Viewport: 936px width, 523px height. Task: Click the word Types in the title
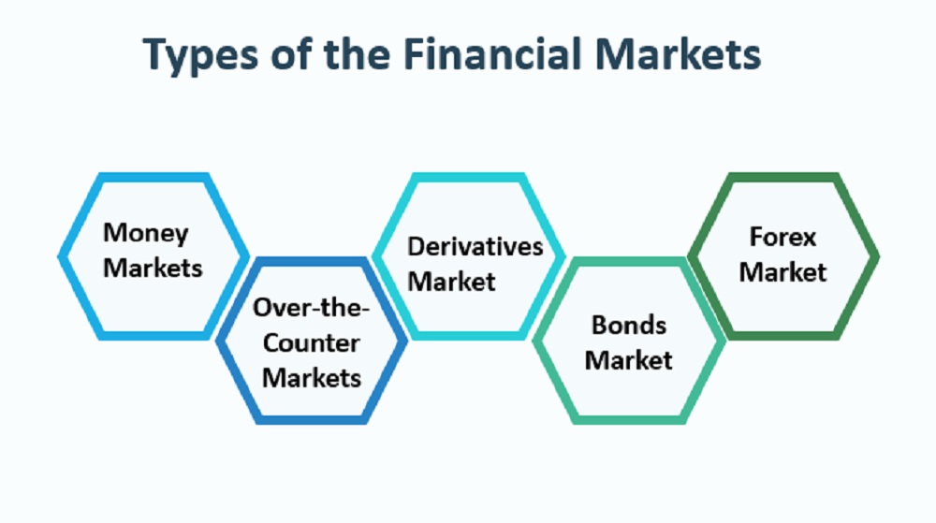200,55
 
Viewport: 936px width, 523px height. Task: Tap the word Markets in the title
678,53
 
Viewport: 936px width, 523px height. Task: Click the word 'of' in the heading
291,53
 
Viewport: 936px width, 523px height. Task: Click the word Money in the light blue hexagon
146,233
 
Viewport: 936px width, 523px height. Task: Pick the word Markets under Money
153,268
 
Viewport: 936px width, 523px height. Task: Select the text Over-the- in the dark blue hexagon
311,308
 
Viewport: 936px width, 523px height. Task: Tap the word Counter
311,343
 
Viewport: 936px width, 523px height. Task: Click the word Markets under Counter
312,378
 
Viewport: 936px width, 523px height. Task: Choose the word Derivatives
475,246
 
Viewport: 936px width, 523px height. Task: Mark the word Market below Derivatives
451,282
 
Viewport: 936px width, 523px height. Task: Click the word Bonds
629,325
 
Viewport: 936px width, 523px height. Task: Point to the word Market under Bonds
629,360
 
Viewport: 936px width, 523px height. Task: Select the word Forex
782,237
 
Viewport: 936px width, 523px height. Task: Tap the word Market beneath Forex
782,272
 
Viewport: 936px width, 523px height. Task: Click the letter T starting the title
155,53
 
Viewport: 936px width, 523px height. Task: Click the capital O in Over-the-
263,308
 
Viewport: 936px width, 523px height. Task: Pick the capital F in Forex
757,237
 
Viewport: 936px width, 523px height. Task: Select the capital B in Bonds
599,325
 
